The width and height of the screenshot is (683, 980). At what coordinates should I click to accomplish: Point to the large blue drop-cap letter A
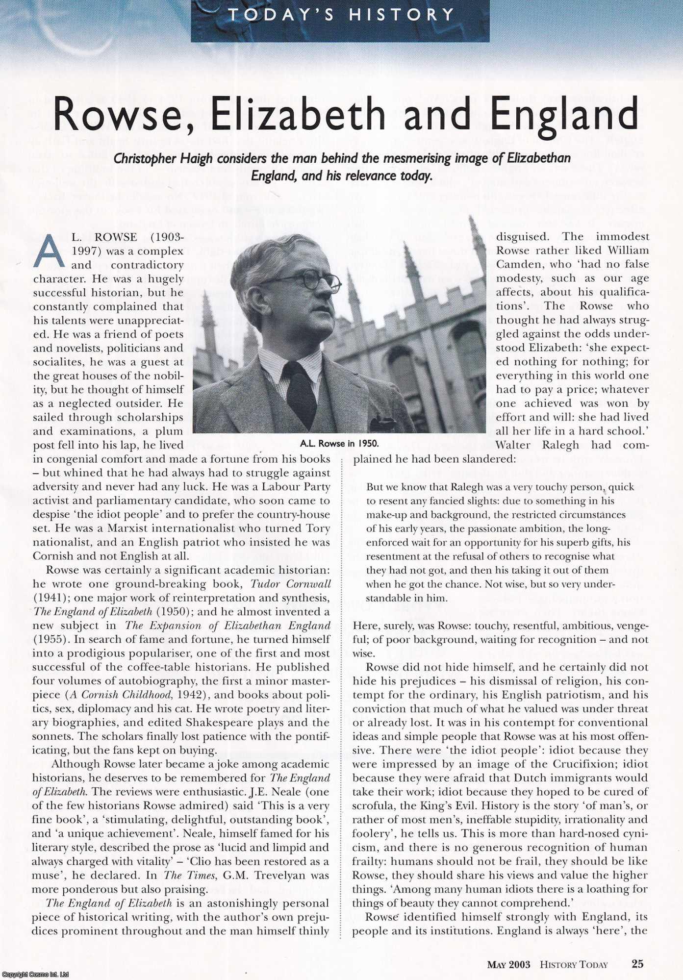[x=49, y=251]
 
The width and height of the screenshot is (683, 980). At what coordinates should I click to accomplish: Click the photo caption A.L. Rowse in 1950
[x=339, y=444]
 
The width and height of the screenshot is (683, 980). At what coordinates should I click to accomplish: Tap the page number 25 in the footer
[x=637, y=964]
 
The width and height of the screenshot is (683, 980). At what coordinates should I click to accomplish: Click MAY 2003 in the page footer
[x=508, y=964]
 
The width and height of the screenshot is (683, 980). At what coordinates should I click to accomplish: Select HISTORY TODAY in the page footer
[x=574, y=964]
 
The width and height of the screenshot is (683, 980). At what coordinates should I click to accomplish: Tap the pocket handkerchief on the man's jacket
[x=383, y=423]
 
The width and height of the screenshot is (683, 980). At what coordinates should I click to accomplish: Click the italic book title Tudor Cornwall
[x=290, y=584]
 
